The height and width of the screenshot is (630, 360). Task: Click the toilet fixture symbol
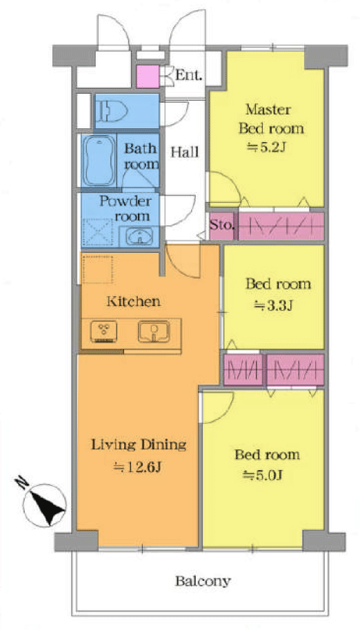(111, 111)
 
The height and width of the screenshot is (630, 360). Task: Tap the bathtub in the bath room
(99, 161)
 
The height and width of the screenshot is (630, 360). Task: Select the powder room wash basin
(139, 236)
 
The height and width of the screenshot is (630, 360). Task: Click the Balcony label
(203, 581)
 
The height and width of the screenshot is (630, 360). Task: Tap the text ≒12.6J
(138, 467)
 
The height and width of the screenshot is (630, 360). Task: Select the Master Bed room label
(271, 119)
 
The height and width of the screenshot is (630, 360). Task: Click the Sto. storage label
(221, 225)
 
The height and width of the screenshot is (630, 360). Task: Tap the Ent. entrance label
(188, 75)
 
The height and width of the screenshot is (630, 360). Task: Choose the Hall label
(185, 152)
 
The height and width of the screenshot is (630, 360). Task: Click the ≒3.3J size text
(274, 307)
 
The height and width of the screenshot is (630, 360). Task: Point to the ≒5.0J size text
(263, 476)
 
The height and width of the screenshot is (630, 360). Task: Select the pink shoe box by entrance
(148, 77)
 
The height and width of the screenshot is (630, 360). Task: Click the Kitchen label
(133, 301)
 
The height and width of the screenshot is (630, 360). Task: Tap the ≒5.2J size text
(266, 148)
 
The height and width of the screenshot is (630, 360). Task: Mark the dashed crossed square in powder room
(98, 232)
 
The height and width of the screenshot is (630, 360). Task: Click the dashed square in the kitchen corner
(97, 268)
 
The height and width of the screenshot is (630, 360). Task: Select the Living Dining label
(139, 445)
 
